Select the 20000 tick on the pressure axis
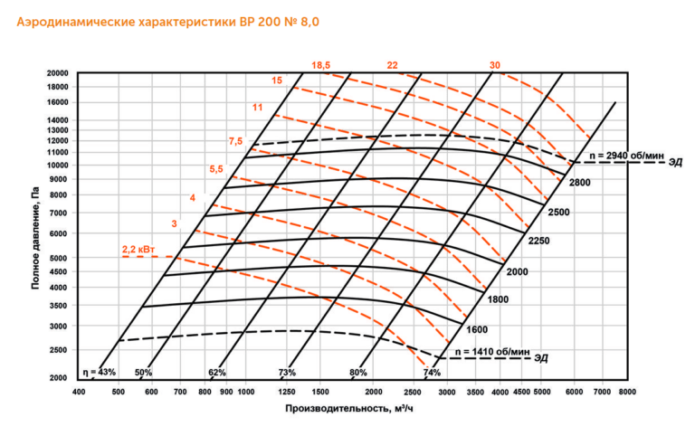(58, 72)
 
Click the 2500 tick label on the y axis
(60, 349)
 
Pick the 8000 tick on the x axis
(627, 392)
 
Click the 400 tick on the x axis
(79, 392)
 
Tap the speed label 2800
(579, 184)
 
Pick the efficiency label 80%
(359, 372)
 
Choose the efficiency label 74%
(432, 372)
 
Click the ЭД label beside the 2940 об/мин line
(676, 163)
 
